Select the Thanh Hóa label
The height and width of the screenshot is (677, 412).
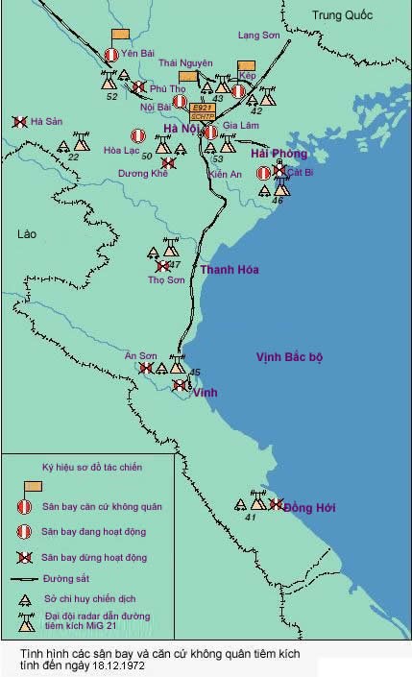point(229,270)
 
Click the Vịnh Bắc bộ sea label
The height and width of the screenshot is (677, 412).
point(289,357)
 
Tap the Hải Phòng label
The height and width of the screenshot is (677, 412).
point(279,154)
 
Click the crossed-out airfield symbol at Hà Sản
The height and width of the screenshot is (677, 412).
point(19,122)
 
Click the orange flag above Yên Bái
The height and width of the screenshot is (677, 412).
point(121,35)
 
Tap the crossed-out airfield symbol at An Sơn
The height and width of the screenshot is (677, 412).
point(146,368)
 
